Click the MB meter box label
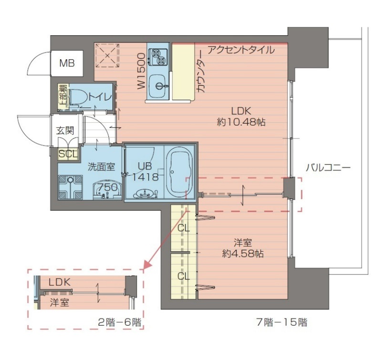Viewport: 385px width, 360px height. tap(66, 63)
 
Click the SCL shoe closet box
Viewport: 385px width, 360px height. tap(66, 154)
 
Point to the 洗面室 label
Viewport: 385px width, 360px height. tap(101, 167)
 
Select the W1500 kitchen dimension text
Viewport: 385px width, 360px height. tap(141, 72)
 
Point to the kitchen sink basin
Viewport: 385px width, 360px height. tap(158, 86)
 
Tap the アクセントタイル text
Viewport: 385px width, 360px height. tap(240, 50)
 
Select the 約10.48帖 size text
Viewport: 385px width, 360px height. tap(241, 122)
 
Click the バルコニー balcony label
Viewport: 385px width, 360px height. tap(328, 168)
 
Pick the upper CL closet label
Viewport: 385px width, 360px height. tap(183, 228)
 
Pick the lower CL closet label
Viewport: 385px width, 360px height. tap(183, 276)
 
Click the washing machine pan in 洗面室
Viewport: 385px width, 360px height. tap(71, 188)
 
